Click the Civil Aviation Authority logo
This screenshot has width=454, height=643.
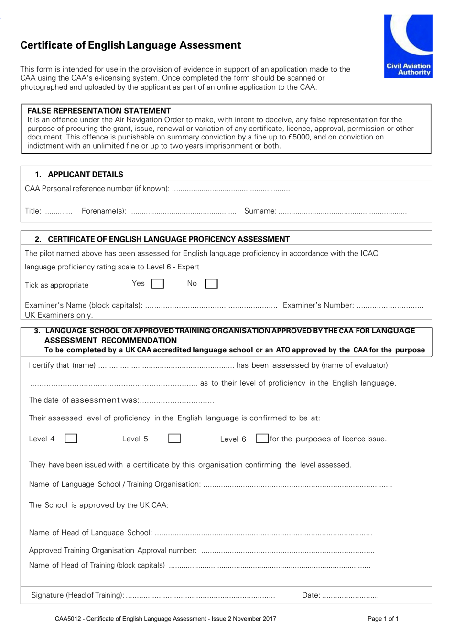pos(408,46)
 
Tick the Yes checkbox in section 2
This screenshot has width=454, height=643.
pos(158,284)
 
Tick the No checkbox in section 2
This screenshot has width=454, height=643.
pos(211,284)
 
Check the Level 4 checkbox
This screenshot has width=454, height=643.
pos(71,439)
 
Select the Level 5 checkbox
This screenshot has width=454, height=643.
pos(174,439)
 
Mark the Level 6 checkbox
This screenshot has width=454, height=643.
pos(262,439)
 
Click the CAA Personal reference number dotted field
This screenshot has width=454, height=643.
pos(230,189)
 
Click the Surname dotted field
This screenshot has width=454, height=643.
pos(342,211)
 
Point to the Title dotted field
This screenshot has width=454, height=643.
pos(58,211)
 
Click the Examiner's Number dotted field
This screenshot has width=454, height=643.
pos(390,306)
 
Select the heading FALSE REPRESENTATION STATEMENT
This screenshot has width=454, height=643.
pos(99,111)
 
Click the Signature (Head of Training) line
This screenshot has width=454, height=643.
pos(200,596)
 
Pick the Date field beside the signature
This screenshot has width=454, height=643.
pos(350,596)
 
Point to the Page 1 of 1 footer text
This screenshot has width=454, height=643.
pos(383,619)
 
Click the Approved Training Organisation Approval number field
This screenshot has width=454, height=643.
pos(287,551)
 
